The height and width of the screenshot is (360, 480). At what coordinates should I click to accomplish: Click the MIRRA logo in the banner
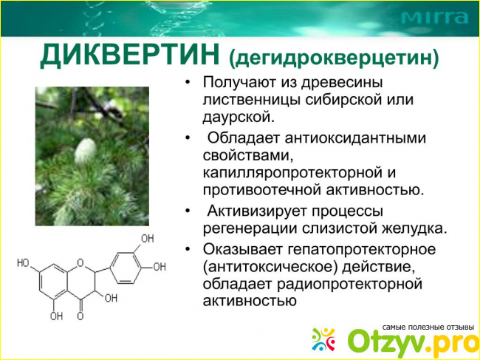pyautogui.click(x=434, y=18)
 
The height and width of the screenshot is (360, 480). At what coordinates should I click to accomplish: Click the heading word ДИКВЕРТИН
pyautogui.click(x=129, y=55)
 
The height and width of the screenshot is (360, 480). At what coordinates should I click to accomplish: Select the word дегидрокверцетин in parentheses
pyautogui.click(x=333, y=58)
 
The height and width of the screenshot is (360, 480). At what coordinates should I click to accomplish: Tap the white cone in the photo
pyautogui.click(x=86, y=151)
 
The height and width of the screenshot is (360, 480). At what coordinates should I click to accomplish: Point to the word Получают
pyautogui.click(x=241, y=83)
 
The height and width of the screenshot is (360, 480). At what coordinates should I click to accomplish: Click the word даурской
pyautogui.click(x=237, y=118)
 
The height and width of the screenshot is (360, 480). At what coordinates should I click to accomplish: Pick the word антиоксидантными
pyautogui.click(x=355, y=138)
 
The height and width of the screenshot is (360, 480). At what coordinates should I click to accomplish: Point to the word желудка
pyautogui.click(x=414, y=229)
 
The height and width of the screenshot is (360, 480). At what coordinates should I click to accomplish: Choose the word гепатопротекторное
pyautogui.click(x=361, y=250)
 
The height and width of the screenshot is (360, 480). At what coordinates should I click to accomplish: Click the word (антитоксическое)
pyautogui.click(x=270, y=268)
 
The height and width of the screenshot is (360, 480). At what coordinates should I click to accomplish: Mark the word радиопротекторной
pyautogui.click(x=349, y=285)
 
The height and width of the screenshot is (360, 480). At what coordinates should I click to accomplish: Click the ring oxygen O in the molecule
pyautogui.click(x=80, y=262)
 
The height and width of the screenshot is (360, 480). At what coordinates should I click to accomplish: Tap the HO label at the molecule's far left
pyautogui.click(x=23, y=263)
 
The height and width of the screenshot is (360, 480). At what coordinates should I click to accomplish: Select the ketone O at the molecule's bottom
pyautogui.click(x=80, y=316)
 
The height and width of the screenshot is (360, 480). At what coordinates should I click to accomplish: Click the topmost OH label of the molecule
pyautogui.click(x=147, y=238)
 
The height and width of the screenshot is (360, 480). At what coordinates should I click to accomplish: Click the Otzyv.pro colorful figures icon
pyautogui.click(x=323, y=339)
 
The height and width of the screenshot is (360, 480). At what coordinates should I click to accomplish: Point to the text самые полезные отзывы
pyautogui.click(x=428, y=327)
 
